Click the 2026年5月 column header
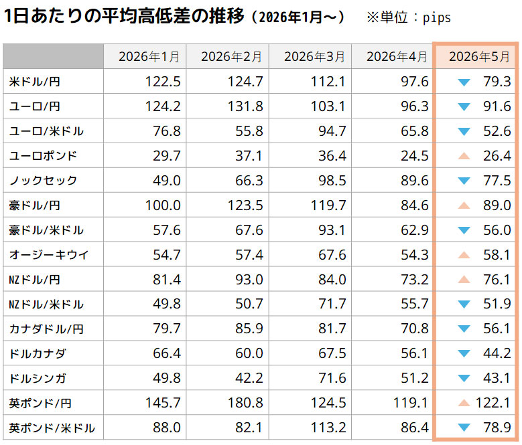(479, 56)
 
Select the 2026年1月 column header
(149, 56)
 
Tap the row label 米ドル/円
(35, 82)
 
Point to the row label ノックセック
(43, 181)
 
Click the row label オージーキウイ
(49, 254)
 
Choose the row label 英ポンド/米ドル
(52, 428)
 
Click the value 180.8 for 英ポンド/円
(245, 403)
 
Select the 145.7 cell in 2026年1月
(163, 403)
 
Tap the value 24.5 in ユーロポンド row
(415, 155)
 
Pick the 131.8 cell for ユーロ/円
(245, 106)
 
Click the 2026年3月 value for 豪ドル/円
(328, 205)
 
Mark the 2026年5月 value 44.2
(497, 353)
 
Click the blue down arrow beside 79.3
(464, 82)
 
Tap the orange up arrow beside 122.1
(464, 403)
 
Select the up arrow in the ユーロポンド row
(464, 156)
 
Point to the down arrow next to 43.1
(464, 378)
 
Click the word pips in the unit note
(437, 18)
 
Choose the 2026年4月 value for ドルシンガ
(415, 378)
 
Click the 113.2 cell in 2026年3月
(328, 428)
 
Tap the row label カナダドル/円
(46, 329)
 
